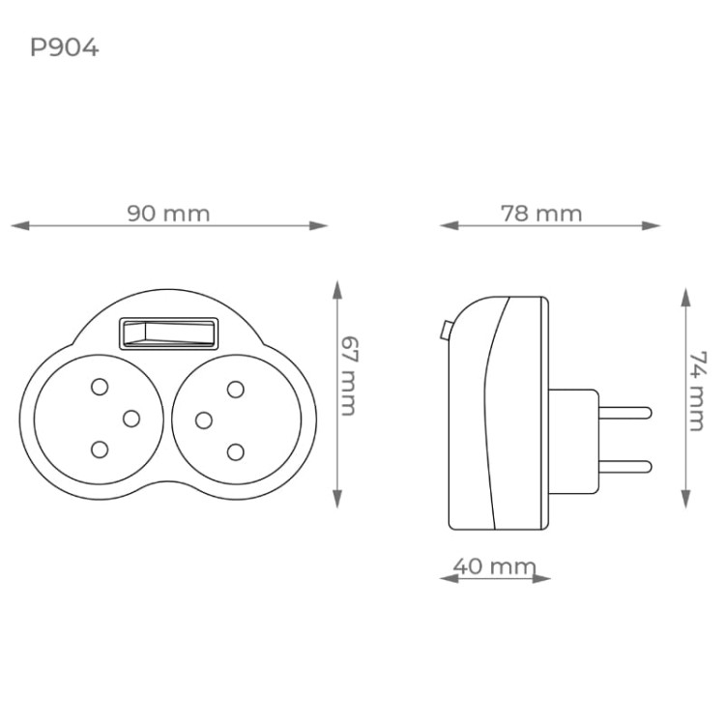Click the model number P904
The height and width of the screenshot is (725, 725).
tap(64, 47)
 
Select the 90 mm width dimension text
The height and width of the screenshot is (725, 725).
tap(168, 214)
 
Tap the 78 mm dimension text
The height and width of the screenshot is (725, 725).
tap(541, 214)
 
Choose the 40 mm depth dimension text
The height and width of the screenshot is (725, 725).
tap(494, 566)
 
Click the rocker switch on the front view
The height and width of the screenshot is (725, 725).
tap(169, 333)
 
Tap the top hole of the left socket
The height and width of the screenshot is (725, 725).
tap(99, 388)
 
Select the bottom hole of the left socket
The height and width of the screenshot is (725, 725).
tap(99, 449)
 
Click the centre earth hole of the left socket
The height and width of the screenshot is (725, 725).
tap(132, 418)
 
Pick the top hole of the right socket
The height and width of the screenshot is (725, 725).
tap(235, 389)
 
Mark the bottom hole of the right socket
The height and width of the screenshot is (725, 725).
tap(235, 449)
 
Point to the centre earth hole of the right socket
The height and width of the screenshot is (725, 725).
tap(203, 420)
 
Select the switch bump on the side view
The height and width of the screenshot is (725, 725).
tap(443, 330)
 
